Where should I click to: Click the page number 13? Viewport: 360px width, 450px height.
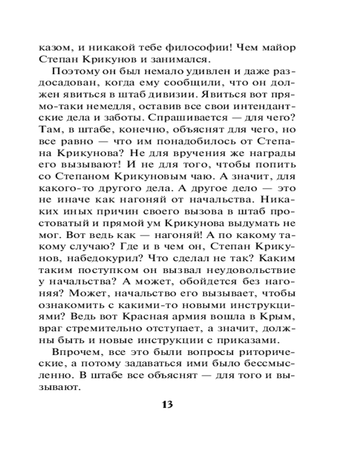167,404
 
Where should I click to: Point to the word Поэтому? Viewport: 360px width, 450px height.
72,72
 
